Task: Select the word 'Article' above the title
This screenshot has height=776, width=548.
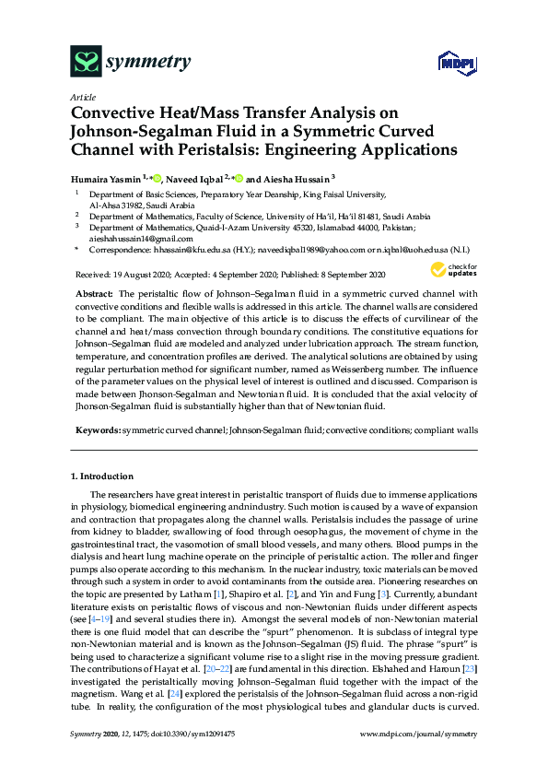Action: tap(83, 97)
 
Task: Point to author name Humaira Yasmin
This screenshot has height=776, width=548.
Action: tap(110, 179)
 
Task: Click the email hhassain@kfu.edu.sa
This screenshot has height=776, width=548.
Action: tap(192, 249)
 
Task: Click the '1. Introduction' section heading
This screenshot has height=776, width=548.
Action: tap(102, 476)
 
